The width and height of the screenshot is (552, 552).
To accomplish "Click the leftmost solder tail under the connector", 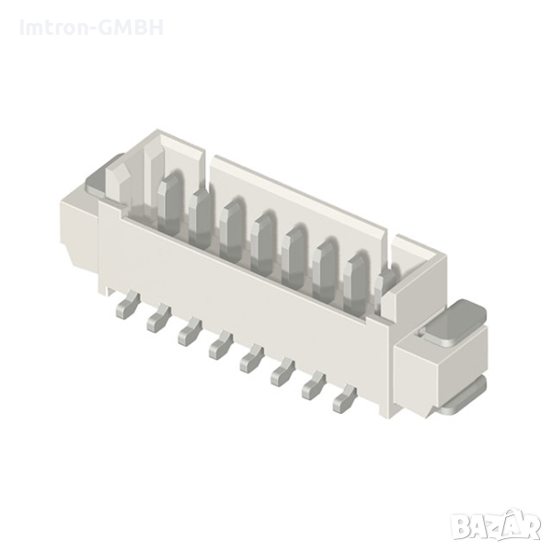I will pyautogui.click(x=124, y=306).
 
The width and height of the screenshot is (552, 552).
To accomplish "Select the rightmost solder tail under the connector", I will pyautogui.click(x=344, y=398).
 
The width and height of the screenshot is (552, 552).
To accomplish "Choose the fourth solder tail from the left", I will pyautogui.click(x=221, y=345).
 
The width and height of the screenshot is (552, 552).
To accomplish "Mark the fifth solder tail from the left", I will pyautogui.click(x=251, y=358).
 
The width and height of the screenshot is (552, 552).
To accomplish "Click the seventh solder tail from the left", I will pyautogui.click(x=314, y=385).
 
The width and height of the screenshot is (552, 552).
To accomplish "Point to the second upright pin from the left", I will pyautogui.click(x=201, y=210).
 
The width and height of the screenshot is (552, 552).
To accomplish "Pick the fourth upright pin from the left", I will pyautogui.click(x=264, y=235).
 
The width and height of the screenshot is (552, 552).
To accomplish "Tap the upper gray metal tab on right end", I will pyautogui.click(x=454, y=322).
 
